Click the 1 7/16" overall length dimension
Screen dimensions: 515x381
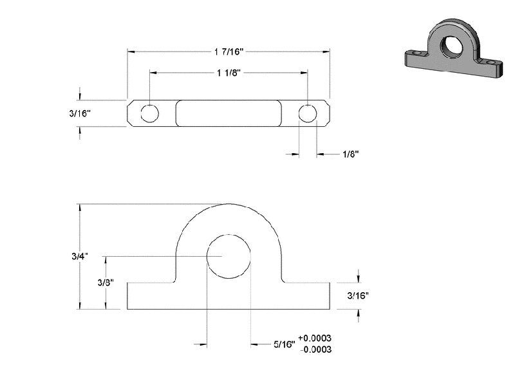(229, 51)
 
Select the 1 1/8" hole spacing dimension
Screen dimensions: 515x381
(229, 72)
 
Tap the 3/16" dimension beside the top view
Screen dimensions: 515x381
(80, 113)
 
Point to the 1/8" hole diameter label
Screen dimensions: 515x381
(350, 154)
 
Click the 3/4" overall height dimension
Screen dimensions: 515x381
(80, 256)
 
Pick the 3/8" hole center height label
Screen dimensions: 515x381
(106, 282)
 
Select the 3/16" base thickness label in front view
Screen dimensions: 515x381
(358, 296)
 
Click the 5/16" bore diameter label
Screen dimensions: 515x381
(285, 344)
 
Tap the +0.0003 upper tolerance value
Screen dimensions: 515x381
(315, 338)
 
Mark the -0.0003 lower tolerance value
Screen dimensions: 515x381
(315, 349)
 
